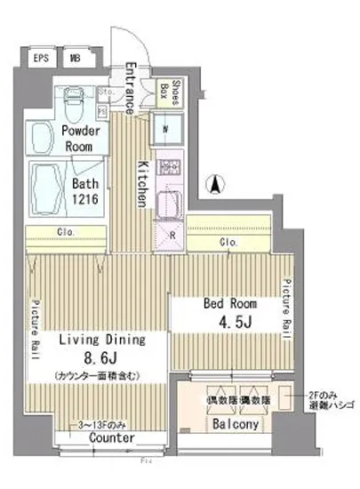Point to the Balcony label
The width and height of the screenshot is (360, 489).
(235, 424)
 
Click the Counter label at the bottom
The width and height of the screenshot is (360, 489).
(113, 439)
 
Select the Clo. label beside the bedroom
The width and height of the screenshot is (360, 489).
(227, 242)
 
